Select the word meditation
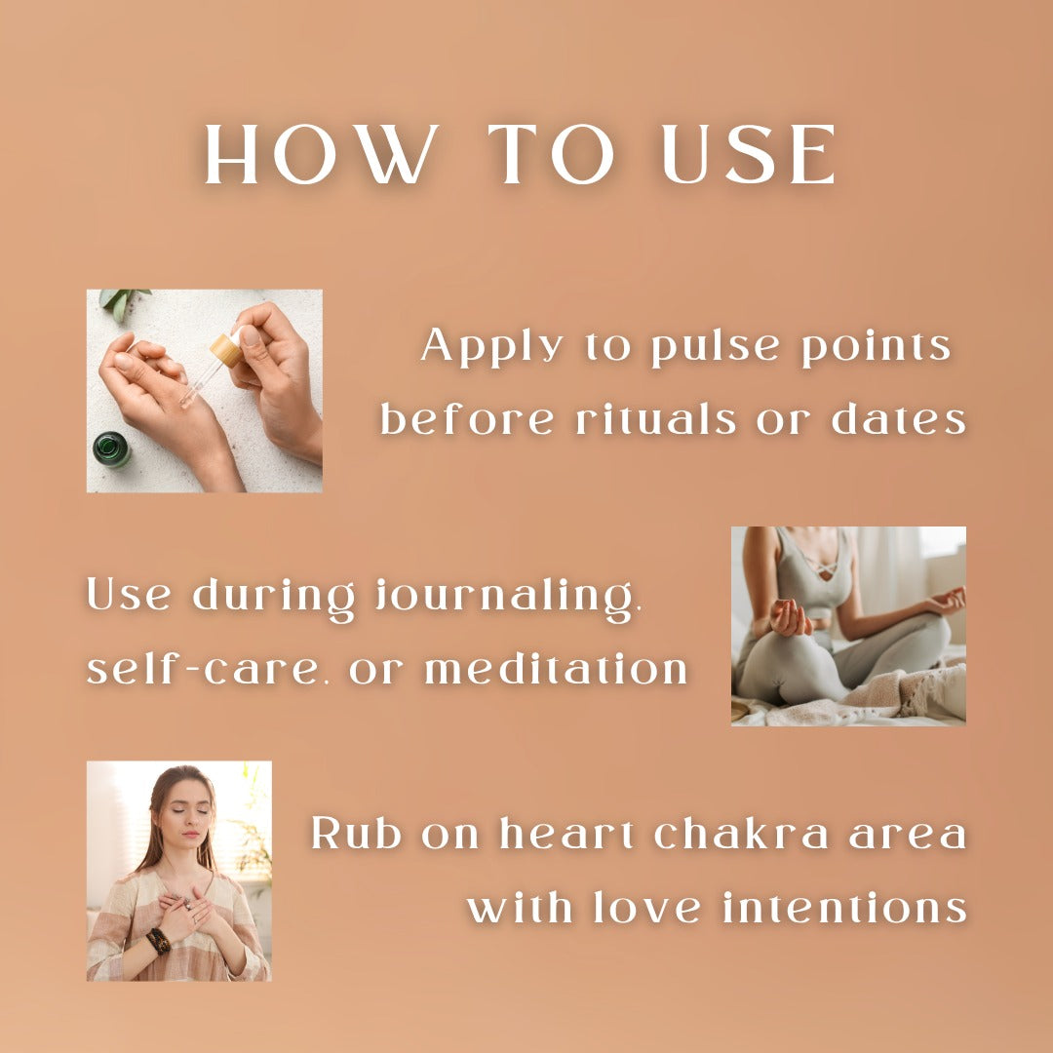click(557, 669)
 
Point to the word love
click(644, 908)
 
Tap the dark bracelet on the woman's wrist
click(158, 940)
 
